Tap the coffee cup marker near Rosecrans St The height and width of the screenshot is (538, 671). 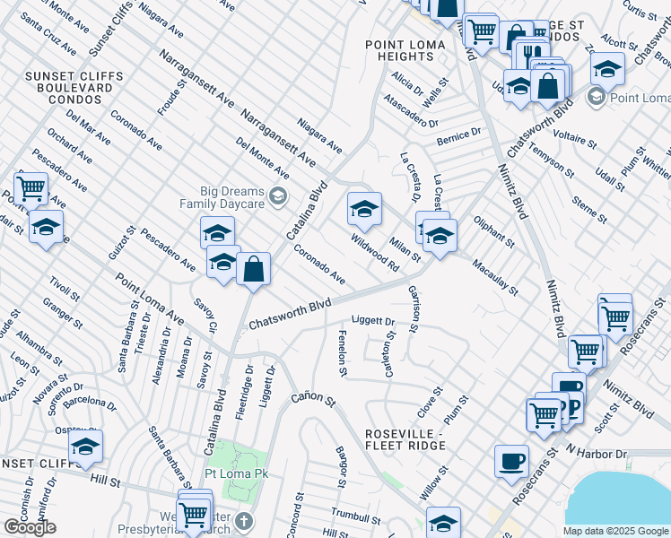point(511,462)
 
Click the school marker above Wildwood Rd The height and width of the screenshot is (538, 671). point(364,211)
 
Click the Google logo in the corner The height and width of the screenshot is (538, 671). point(30,527)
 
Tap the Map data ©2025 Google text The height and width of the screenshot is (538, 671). point(615,531)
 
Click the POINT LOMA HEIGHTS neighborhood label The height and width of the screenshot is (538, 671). point(400,50)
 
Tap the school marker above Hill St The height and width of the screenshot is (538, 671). point(85,447)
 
